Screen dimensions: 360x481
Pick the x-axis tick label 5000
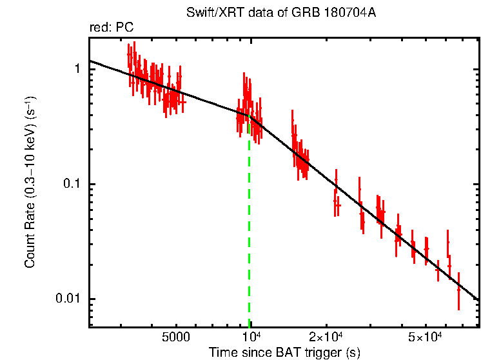175,337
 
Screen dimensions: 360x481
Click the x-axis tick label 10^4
250,337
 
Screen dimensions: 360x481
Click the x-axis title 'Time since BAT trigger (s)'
284,352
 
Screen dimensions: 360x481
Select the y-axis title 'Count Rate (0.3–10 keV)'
30,184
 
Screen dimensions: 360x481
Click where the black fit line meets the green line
250,115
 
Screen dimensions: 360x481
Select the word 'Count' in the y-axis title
30,252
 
